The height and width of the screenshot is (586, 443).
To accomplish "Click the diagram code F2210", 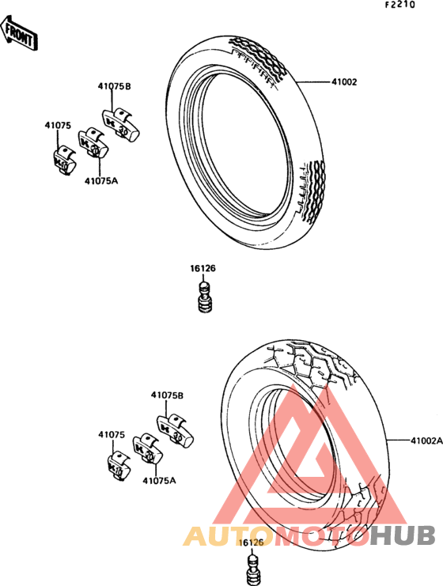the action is point(400,5).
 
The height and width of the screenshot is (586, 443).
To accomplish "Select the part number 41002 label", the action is point(344,81).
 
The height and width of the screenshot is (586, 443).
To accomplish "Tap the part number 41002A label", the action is point(426,440).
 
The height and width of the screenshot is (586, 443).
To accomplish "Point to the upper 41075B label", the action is point(115,86).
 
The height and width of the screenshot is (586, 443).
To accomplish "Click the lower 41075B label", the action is point(167,395).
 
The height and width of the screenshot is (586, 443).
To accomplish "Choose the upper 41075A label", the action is point(101,181).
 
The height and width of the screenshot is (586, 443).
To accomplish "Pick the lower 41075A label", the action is point(159,480).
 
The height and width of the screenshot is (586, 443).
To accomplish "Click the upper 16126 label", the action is point(203,268).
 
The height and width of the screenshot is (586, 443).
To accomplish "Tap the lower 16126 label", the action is point(251,543).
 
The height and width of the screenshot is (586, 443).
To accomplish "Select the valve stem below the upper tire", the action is point(205,297).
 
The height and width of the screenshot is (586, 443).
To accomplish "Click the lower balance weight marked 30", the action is point(174,433).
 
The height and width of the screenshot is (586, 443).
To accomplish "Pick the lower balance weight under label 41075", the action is point(117,466).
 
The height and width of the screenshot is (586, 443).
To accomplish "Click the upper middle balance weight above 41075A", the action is point(93,143).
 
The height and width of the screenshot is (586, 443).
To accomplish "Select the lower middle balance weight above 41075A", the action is point(148,449).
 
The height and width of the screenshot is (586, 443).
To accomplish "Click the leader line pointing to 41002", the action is point(313,81).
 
